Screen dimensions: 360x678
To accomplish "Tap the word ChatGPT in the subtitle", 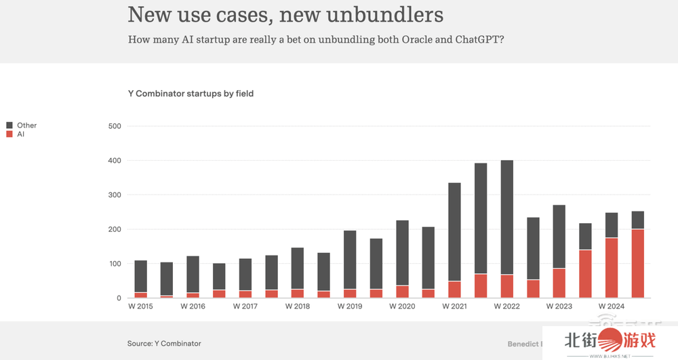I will point(479,39).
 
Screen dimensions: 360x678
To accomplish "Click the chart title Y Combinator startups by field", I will point(191,94).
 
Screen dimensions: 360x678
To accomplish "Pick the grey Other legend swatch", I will point(9,125).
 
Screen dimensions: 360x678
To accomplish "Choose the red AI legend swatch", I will point(9,134).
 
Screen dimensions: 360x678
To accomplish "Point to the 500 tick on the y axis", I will point(115,126).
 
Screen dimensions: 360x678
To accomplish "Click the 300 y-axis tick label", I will point(115,195).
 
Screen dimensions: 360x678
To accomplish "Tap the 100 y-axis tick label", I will point(115,264).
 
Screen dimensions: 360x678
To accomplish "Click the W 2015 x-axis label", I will point(140,306).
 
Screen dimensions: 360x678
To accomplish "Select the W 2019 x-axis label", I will point(350,306).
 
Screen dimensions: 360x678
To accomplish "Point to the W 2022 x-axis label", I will point(506,306).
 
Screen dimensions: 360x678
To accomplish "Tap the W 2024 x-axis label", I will point(612,306).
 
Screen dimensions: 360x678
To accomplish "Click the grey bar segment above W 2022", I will point(507,217).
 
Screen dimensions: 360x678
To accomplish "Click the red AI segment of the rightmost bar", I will point(637,264).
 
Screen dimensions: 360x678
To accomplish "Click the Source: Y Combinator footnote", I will point(164,344).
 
